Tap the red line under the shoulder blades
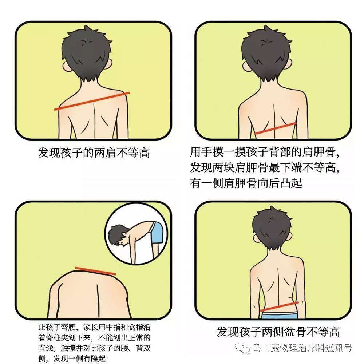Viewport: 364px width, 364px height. (x=274, y=128)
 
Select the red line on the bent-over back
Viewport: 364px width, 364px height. (x=95, y=271)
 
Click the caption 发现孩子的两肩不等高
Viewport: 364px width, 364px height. (x=94, y=153)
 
